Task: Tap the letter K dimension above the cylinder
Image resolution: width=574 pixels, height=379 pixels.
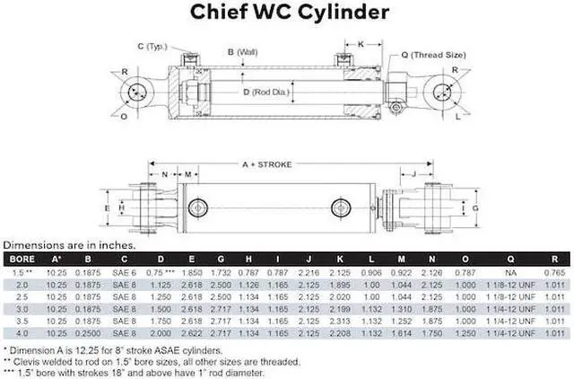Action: click(x=361, y=43)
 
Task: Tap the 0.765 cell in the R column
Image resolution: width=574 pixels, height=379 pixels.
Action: click(x=554, y=270)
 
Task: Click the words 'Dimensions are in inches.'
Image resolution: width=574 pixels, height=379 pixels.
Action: click(x=70, y=244)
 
